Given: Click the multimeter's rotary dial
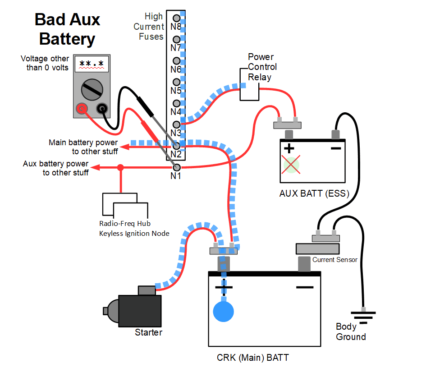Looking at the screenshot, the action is click(x=92, y=90).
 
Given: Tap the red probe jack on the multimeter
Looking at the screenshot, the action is click(x=82, y=109).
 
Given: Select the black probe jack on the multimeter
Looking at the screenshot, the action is click(x=102, y=109).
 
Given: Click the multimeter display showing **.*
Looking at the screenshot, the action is click(x=92, y=64).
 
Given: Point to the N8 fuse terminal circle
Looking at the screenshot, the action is click(x=177, y=18).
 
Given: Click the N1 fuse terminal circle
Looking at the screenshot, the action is click(x=177, y=167).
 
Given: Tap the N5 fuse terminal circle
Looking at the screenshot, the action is click(x=177, y=82).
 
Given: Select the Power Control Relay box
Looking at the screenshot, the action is click(x=249, y=84).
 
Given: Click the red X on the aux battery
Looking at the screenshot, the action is click(x=291, y=165).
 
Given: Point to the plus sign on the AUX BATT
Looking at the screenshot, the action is click(x=289, y=148).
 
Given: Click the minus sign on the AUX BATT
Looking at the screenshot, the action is click(x=336, y=148).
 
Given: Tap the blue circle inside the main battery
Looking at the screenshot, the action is click(x=223, y=312).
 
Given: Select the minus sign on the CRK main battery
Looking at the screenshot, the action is click(x=305, y=287).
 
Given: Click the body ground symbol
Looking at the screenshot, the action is click(x=363, y=316).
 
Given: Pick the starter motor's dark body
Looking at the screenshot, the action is click(x=140, y=311).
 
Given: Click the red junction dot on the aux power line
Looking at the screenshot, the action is click(x=121, y=167).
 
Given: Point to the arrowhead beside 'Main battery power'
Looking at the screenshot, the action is click(x=124, y=147).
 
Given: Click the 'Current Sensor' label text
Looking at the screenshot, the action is click(x=334, y=260).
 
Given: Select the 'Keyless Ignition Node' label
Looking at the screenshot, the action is click(x=134, y=234).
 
